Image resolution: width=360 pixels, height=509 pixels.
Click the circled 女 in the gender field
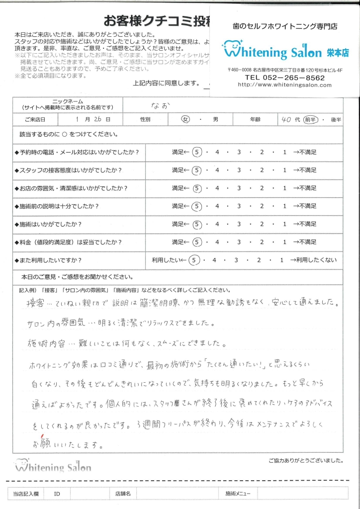(x=185, y=120)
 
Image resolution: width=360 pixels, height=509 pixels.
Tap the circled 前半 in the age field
(x=311, y=120)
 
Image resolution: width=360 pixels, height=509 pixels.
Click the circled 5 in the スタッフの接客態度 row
(x=197, y=170)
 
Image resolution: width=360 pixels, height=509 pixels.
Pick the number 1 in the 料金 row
(x=285, y=242)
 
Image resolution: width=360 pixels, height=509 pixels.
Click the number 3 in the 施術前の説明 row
(x=239, y=206)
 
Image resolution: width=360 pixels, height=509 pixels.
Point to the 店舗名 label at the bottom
(x=122, y=494)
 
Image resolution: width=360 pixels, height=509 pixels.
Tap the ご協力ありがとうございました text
(x=305, y=460)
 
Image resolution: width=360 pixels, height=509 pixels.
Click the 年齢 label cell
(x=256, y=120)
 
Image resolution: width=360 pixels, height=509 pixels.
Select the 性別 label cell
(x=145, y=120)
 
